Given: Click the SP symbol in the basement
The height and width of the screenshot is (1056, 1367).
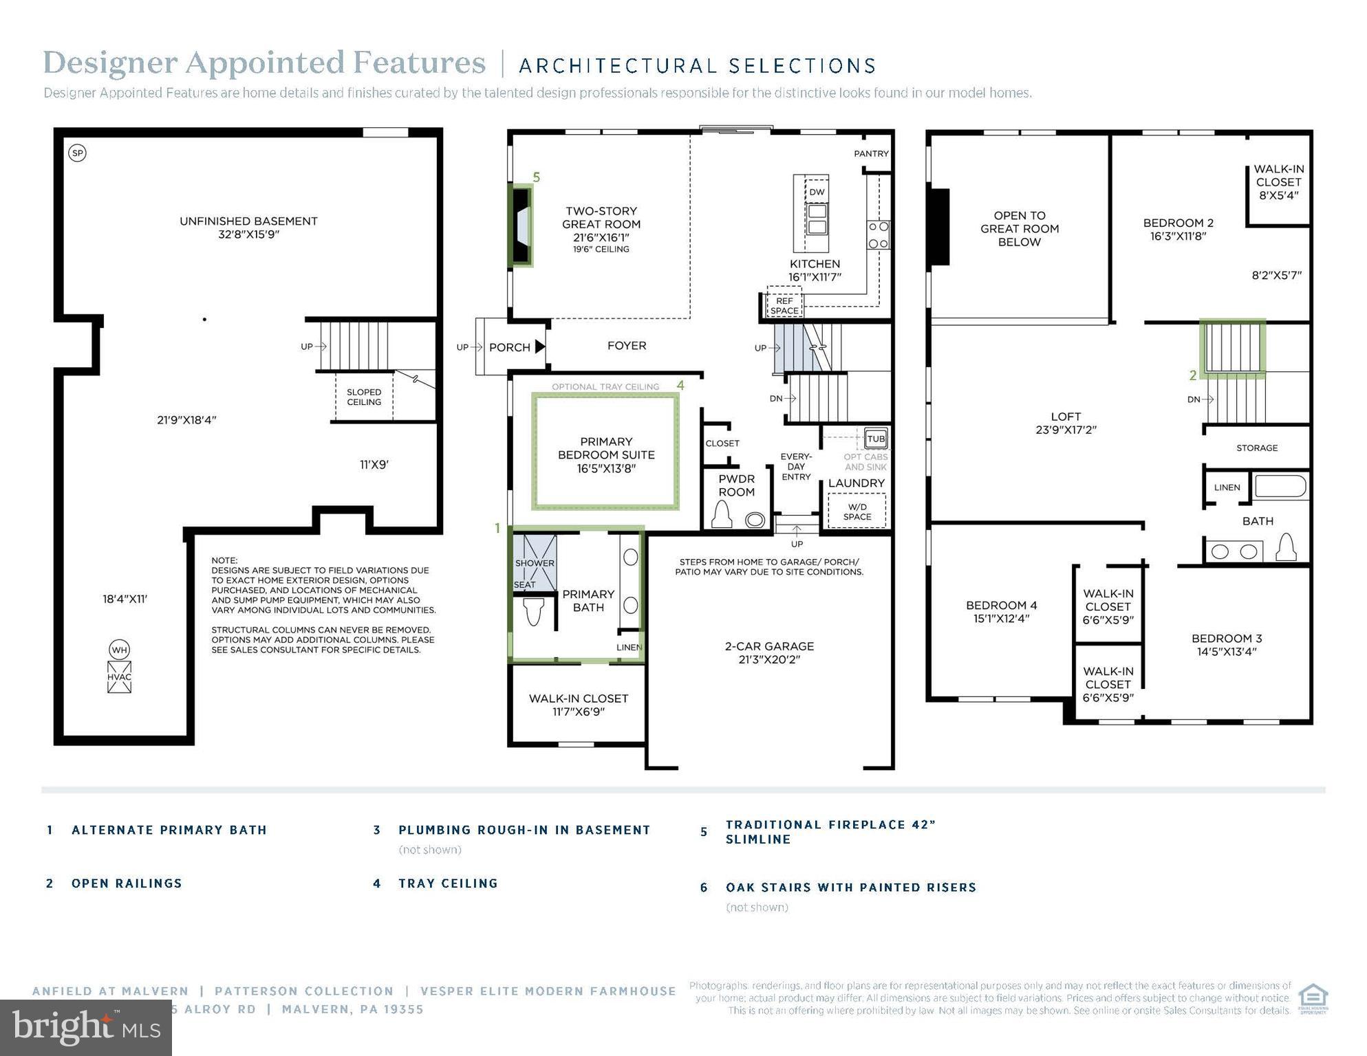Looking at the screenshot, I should point(78,153).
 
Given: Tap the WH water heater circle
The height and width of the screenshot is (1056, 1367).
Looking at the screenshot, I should point(119,650).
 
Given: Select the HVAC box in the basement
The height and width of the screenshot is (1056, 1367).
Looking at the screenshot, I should point(119,677).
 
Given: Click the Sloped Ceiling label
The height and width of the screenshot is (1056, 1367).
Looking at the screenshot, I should point(364,397).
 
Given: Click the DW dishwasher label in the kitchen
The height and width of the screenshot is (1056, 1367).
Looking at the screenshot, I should point(817,192).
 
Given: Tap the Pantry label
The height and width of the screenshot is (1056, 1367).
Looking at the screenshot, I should point(871,154).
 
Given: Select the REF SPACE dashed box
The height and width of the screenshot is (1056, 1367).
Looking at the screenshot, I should point(784,306).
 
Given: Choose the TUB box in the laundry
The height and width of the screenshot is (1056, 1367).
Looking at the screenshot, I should point(876,439).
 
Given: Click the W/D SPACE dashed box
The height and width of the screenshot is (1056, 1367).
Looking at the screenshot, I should point(857,512).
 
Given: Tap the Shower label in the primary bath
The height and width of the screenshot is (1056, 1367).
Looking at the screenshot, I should point(535,563).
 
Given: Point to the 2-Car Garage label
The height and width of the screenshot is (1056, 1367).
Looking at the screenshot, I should point(768,652).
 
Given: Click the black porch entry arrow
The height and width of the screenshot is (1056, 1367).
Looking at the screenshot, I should point(540,346).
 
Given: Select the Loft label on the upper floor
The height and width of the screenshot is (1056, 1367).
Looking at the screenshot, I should point(1066,423).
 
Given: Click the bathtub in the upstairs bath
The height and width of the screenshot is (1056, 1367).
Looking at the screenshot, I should point(1280,487).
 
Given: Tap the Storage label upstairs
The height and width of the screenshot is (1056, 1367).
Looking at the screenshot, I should point(1256,448).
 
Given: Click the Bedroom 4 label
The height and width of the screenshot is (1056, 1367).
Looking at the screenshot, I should point(1001,611).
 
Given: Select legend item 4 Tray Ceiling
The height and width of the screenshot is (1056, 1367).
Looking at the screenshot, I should point(447,883).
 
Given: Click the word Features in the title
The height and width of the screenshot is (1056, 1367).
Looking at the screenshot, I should point(419,63).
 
